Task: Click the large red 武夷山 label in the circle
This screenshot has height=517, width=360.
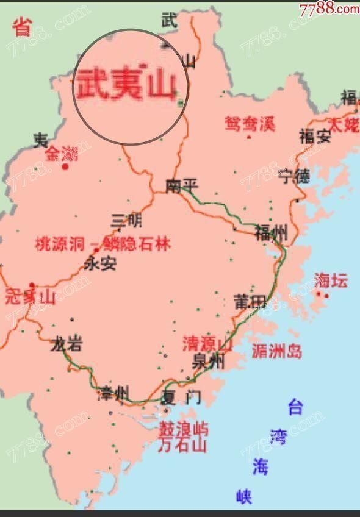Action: (x=126, y=84)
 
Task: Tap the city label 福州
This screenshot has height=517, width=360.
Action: (x=271, y=232)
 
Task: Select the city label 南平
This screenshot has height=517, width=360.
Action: (x=182, y=186)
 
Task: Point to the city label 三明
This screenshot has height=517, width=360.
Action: (x=126, y=220)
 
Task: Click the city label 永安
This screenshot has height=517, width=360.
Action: (x=99, y=263)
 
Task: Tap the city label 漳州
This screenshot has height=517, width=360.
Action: (x=113, y=394)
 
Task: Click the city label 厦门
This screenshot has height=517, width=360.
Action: (x=181, y=398)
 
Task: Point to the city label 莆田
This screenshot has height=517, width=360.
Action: (x=250, y=301)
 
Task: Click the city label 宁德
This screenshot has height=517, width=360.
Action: (x=294, y=177)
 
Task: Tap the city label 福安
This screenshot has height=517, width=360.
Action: (x=315, y=136)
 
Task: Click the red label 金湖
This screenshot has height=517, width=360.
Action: (x=62, y=152)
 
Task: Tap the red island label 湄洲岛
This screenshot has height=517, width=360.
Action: (x=276, y=351)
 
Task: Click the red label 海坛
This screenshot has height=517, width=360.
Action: (x=331, y=280)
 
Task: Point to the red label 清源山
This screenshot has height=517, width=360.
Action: (x=207, y=344)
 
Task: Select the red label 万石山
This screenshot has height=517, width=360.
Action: (x=182, y=444)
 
